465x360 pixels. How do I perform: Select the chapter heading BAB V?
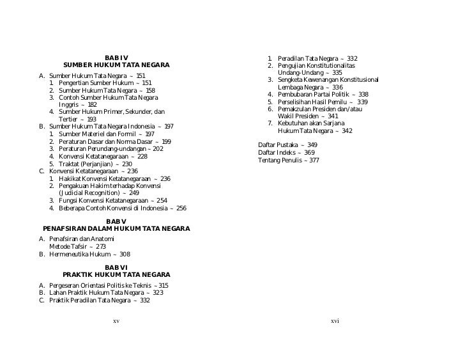pyautogui.click(x=116, y=221)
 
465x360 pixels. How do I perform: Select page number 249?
pyautogui.click(x=133, y=192)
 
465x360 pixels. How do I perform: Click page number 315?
pyautogui.click(x=163, y=285)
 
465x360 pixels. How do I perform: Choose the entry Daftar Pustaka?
pyautogui.click(x=278, y=145)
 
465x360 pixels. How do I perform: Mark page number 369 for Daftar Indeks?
pyautogui.click(x=309, y=153)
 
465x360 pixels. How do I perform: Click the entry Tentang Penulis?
pyautogui.click(x=280, y=160)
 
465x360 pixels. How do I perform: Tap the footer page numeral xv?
pyautogui.click(x=116, y=320)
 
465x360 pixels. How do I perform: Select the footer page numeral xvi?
pyautogui.click(x=335, y=320)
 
